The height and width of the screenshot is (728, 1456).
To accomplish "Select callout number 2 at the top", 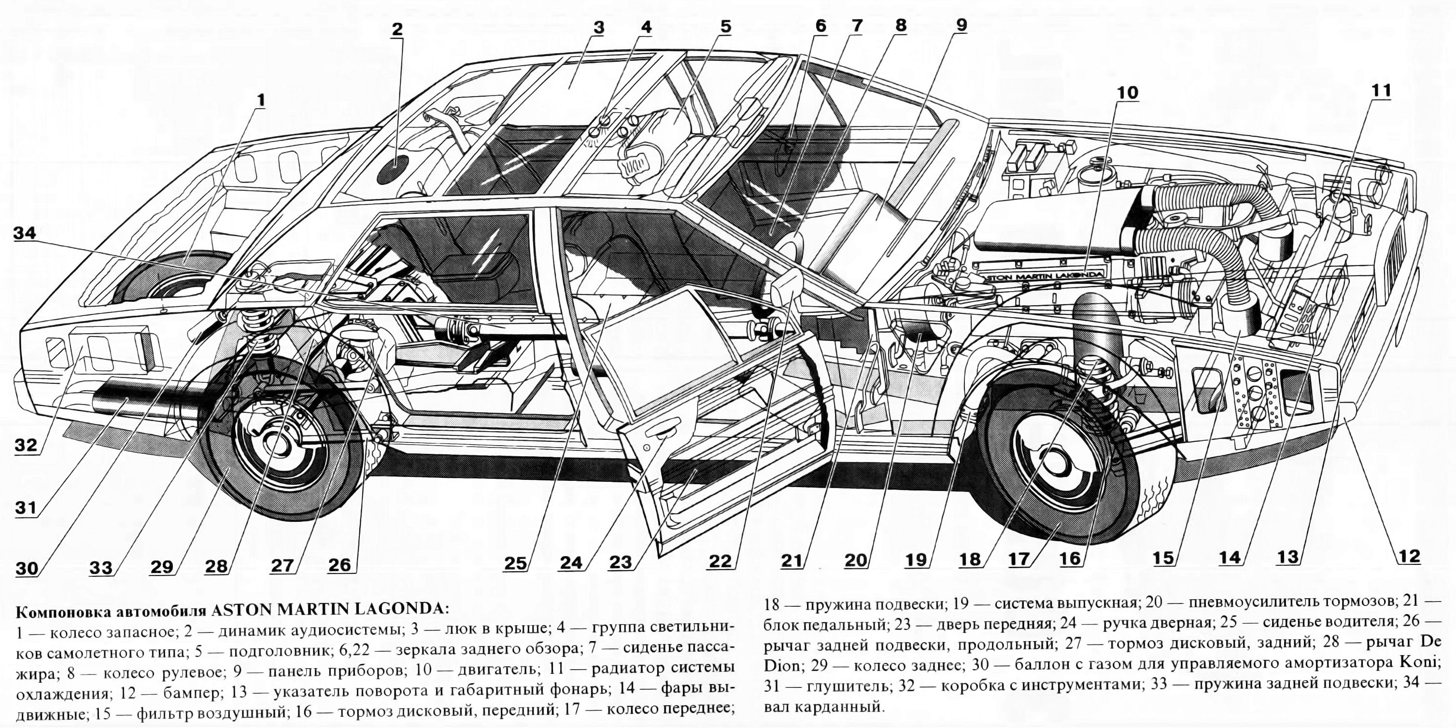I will point(397,28).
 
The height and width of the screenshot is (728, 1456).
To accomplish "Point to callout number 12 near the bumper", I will point(1409,556).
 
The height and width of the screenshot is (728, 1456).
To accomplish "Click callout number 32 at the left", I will point(26,446).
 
